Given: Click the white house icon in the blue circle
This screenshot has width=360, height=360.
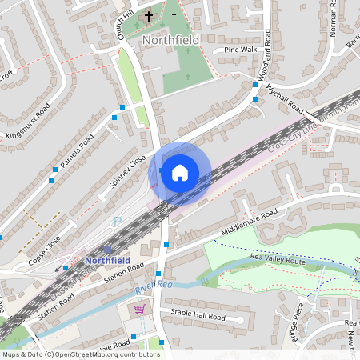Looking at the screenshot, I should pyautogui.click(x=180, y=172).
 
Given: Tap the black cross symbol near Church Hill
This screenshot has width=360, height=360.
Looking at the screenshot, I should pyautogui.click(x=149, y=16).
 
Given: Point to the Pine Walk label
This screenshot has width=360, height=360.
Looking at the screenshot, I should pyautogui.click(x=241, y=50).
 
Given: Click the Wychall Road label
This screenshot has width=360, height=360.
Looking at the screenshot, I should pyautogui.click(x=285, y=100).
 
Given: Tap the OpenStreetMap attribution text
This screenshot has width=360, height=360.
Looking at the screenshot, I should pyautogui.click(x=80, y=354).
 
